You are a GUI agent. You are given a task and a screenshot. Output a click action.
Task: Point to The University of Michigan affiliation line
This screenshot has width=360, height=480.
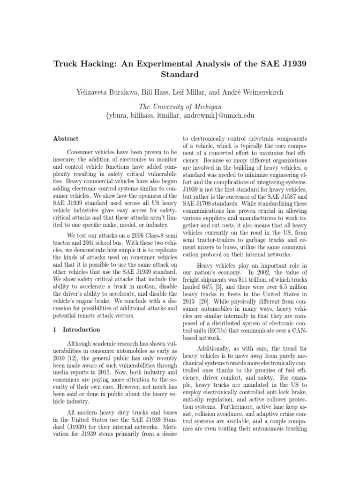(x=180, y=107)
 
